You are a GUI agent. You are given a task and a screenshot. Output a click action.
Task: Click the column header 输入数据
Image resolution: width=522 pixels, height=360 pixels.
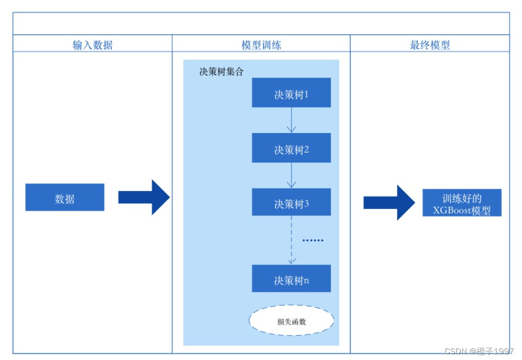pos(92,45)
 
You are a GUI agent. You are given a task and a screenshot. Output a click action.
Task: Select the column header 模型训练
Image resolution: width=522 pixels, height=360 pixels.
pos(261,45)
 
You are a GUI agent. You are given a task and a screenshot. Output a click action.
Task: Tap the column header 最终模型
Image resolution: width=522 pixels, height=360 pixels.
pos(430,45)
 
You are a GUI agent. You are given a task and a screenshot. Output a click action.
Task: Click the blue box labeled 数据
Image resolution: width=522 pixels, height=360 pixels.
pos(64,197)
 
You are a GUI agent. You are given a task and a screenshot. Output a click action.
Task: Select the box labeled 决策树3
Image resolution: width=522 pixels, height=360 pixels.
pos(291,203)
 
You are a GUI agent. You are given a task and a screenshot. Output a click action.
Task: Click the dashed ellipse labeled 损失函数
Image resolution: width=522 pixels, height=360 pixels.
pos(291,320)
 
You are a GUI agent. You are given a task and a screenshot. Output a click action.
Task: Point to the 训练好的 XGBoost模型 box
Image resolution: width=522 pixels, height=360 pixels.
pos(462,203)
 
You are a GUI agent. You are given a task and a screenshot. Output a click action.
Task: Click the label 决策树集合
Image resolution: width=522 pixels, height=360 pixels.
pos(221,72)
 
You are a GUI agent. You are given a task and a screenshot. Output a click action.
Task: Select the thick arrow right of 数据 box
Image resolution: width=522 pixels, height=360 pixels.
pos(143,197)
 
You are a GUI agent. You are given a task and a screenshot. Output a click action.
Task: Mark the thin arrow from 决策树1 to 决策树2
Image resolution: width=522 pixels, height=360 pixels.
pos(291,120)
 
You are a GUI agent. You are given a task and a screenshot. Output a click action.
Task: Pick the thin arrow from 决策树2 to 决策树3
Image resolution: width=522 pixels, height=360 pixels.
pos(291,175)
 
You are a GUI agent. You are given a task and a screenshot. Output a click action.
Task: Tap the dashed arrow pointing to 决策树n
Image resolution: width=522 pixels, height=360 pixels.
pos(291,241)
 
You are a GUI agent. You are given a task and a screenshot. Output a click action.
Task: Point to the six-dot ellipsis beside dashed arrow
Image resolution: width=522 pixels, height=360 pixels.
pos(312,240)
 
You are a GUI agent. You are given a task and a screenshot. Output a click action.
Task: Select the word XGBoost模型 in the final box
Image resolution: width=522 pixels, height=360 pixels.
pos(462,210)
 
